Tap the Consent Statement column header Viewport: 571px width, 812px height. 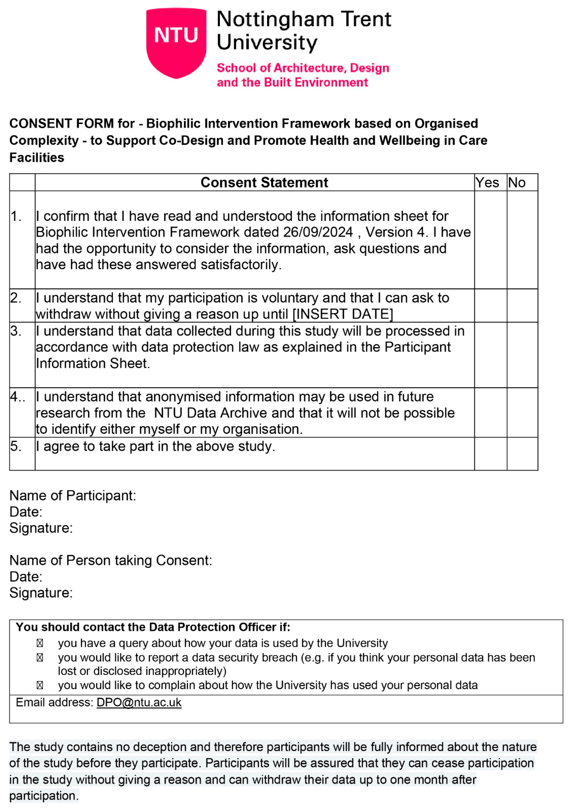(264, 182)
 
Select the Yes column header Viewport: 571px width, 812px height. (487, 182)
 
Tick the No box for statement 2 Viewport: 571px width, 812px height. (522, 306)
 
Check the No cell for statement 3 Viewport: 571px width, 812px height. (522, 355)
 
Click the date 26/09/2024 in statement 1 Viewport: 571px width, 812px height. (318, 232)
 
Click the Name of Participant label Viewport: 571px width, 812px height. (73, 496)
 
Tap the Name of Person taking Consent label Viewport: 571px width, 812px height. (110, 561)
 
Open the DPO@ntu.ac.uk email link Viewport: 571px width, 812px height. (139, 702)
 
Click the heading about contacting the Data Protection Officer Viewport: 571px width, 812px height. (153, 627)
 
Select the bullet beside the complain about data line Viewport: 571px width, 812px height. (40, 686)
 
